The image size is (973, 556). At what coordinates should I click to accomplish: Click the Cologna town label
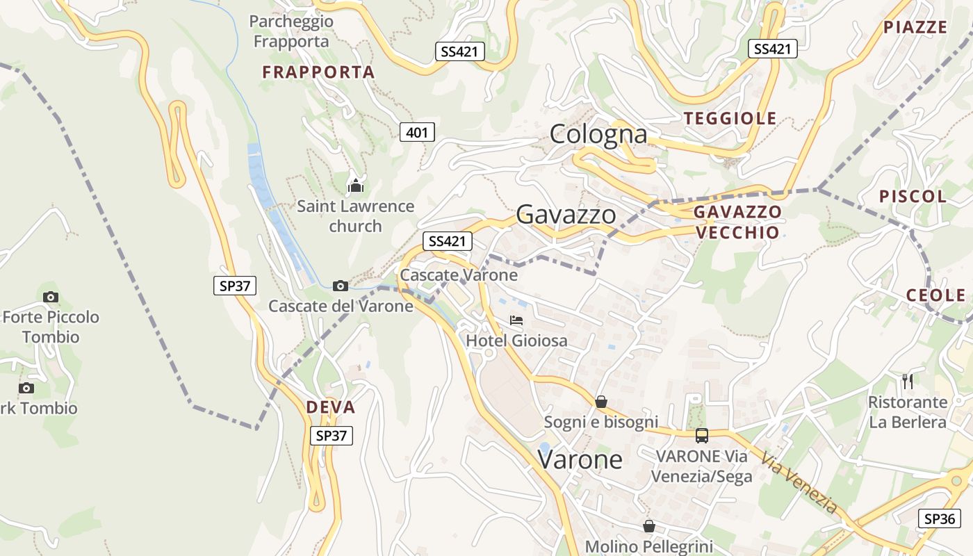(598, 134)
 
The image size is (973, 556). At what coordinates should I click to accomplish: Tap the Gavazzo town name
(566, 215)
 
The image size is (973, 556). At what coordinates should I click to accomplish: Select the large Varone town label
(580, 459)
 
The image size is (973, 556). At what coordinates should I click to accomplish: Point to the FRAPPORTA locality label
(318, 72)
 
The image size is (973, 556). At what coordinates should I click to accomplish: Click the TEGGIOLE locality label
(730, 119)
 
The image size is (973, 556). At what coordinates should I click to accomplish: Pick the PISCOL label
(913, 197)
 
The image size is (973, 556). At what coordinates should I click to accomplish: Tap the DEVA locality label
(331, 407)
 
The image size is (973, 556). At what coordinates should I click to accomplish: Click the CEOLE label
(935, 295)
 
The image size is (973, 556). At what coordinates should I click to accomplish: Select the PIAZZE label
(915, 28)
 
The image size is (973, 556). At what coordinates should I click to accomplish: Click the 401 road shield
(417, 132)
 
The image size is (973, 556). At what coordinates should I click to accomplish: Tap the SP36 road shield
(939, 518)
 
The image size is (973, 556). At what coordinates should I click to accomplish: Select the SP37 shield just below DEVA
(331, 436)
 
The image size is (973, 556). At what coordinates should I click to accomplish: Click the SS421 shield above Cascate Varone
(447, 241)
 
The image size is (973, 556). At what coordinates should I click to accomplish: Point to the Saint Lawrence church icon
(356, 186)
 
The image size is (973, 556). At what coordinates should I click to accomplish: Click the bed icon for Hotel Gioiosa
(516, 320)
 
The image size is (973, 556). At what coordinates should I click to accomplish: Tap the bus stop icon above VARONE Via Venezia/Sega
(702, 436)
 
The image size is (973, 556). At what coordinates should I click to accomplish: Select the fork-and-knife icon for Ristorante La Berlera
(907, 381)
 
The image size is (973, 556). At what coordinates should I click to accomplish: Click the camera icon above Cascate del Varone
(341, 286)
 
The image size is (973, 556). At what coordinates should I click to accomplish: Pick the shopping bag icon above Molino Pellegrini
(648, 526)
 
